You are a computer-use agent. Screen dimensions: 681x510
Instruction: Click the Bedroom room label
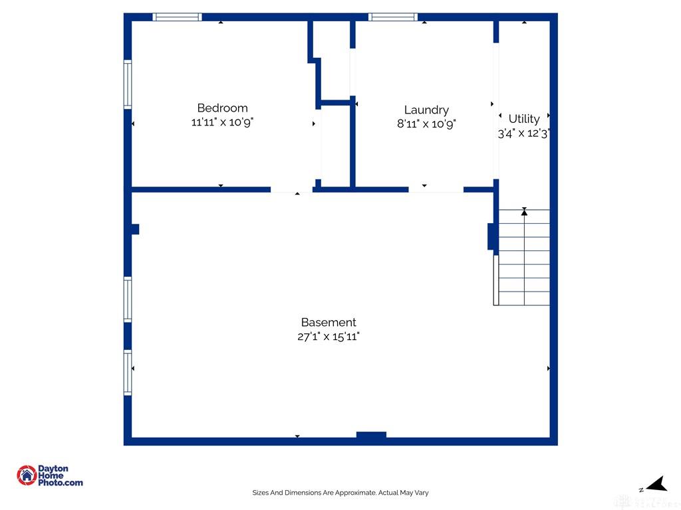tap(222, 108)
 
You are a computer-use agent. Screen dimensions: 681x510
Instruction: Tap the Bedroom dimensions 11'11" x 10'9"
tap(222, 122)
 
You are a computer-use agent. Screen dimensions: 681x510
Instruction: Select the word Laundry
tap(426, 110)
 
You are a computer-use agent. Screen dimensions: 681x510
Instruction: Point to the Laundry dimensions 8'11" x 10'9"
tap(426, 124)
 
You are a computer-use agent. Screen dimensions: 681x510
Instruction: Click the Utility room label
tap(524, 119)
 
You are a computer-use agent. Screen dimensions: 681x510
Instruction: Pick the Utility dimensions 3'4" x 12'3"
tap(524, 133)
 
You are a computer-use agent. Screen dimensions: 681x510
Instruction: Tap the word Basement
tap(329, 322)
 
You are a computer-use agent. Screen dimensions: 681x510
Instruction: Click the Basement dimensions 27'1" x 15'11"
tap(329, 337)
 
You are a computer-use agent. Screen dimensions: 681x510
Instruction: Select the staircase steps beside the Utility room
tap(524, 258)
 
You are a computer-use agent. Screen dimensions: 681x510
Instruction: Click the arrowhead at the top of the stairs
tap(524, 212)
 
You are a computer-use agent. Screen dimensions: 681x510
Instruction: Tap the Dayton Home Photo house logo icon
tap(27, 475)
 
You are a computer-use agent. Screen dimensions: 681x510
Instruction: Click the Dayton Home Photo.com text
tap(60, 475)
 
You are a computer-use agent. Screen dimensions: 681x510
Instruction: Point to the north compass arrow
tap(657, 483)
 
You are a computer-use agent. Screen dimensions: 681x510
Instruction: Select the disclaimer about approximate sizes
tap(340, 493)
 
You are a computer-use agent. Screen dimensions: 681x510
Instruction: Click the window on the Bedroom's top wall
tap(177, 17)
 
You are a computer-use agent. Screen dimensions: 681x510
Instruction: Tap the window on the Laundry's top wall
tap(393, 17)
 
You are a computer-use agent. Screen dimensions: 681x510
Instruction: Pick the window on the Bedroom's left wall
tap(128, 84)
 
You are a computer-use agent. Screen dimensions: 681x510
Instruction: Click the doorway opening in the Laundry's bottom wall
tap(436, 189)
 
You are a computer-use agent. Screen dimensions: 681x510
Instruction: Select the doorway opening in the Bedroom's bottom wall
tap(291, 189)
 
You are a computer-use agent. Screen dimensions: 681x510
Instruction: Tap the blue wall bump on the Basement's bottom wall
tap(371, 435)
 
